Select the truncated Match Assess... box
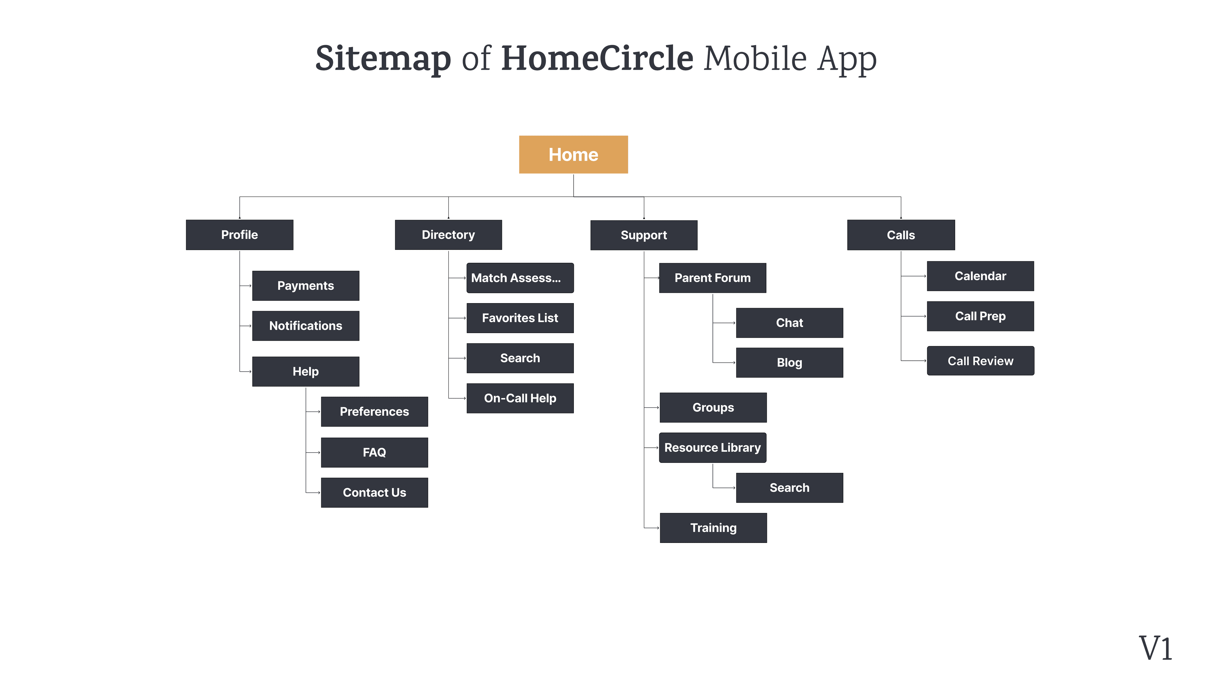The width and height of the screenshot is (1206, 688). click(x=520, y=278)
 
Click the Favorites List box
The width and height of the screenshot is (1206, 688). click(x=520, y=318)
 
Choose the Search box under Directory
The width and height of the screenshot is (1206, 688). click(x=520, y=358)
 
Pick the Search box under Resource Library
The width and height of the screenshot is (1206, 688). click(x=789, y=488)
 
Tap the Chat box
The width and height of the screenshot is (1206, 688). click(x=789, y=323)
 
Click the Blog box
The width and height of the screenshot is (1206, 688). click(x=789, y=363)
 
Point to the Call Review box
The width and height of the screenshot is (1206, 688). click(x=980, y=361)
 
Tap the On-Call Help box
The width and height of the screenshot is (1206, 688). click(x=520, y=398)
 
